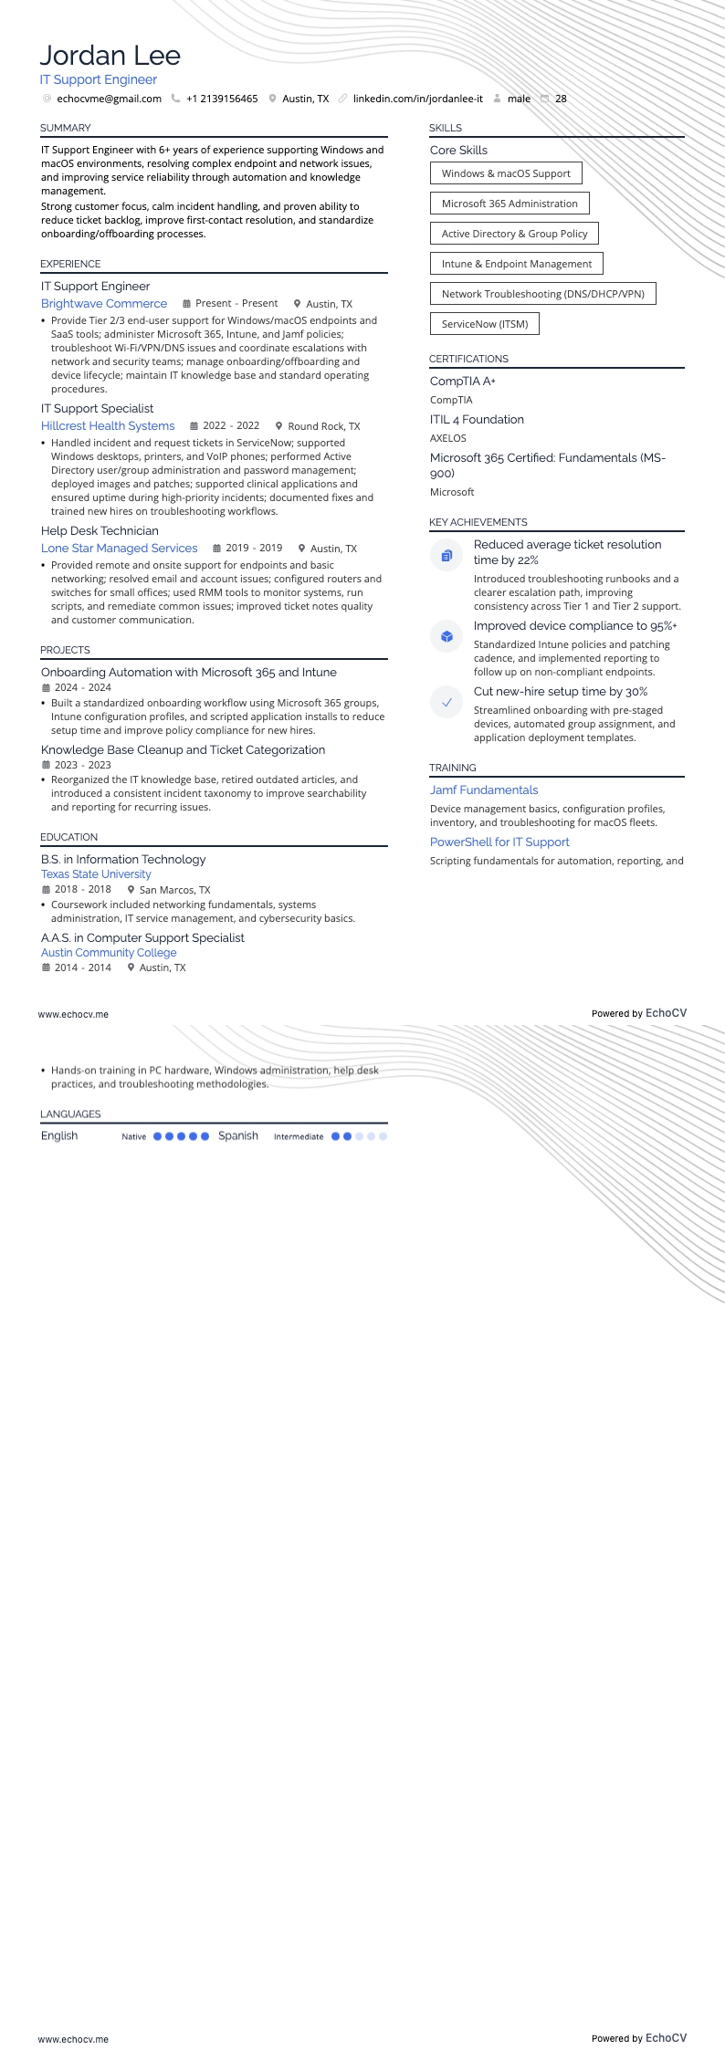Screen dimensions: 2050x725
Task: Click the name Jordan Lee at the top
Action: click(x=110, y=56)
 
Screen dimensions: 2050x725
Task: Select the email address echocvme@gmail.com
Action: click(x=109, y=99)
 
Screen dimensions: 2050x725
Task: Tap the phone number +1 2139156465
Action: click(x=222, y=99)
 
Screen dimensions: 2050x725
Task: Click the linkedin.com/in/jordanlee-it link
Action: click(x=417, y=99)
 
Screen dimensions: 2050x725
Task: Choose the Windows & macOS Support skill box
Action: click(x=506, y=173)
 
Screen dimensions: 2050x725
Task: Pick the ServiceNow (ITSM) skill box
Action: click(x=485, y=324)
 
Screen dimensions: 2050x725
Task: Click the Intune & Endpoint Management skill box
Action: click(x=517, y=264)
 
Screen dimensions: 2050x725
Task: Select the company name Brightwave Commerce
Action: click(x=104, y=304)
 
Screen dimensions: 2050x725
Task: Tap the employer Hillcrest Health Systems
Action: click(x=108, y=426)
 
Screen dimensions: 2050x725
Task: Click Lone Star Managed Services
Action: click(x=120, y=549)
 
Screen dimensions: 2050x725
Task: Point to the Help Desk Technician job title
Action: click(x=100, y=531)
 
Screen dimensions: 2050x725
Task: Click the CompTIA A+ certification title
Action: click(x=463, y=382)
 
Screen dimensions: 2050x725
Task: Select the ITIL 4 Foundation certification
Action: click(x=477, y=420)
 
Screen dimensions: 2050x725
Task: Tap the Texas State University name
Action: click(x=96, y=874)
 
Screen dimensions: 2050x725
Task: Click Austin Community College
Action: click(x=109, y=953)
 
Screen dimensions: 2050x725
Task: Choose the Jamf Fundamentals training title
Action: click(x=484, y=790)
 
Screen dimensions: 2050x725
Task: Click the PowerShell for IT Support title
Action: click(x=499, y=842)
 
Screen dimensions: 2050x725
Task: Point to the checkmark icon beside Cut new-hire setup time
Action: click(x=447, y=702)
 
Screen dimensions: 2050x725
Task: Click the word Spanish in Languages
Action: click(x=238, y=1136)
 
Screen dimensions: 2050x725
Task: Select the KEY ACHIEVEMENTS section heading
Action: click(x=478, y=522)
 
